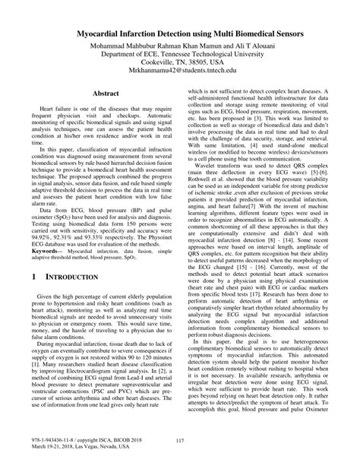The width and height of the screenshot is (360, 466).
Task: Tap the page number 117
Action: click(x=180, y=442)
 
